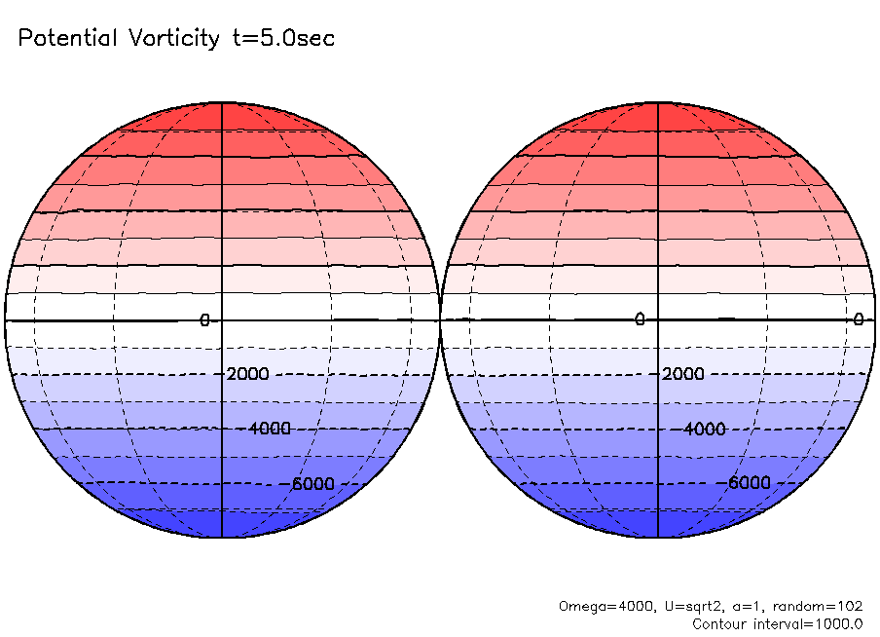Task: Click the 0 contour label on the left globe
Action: [204, 319]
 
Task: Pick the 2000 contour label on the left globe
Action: [247, 374]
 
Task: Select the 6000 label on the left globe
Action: [312, 483]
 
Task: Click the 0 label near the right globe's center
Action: [641, 319]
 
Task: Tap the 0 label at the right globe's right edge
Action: [859, 319]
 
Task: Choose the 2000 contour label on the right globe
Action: [683, 374]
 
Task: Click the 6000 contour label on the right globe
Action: [750, 483]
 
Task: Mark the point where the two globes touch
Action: [440, 319]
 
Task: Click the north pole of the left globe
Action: [222, 102]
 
